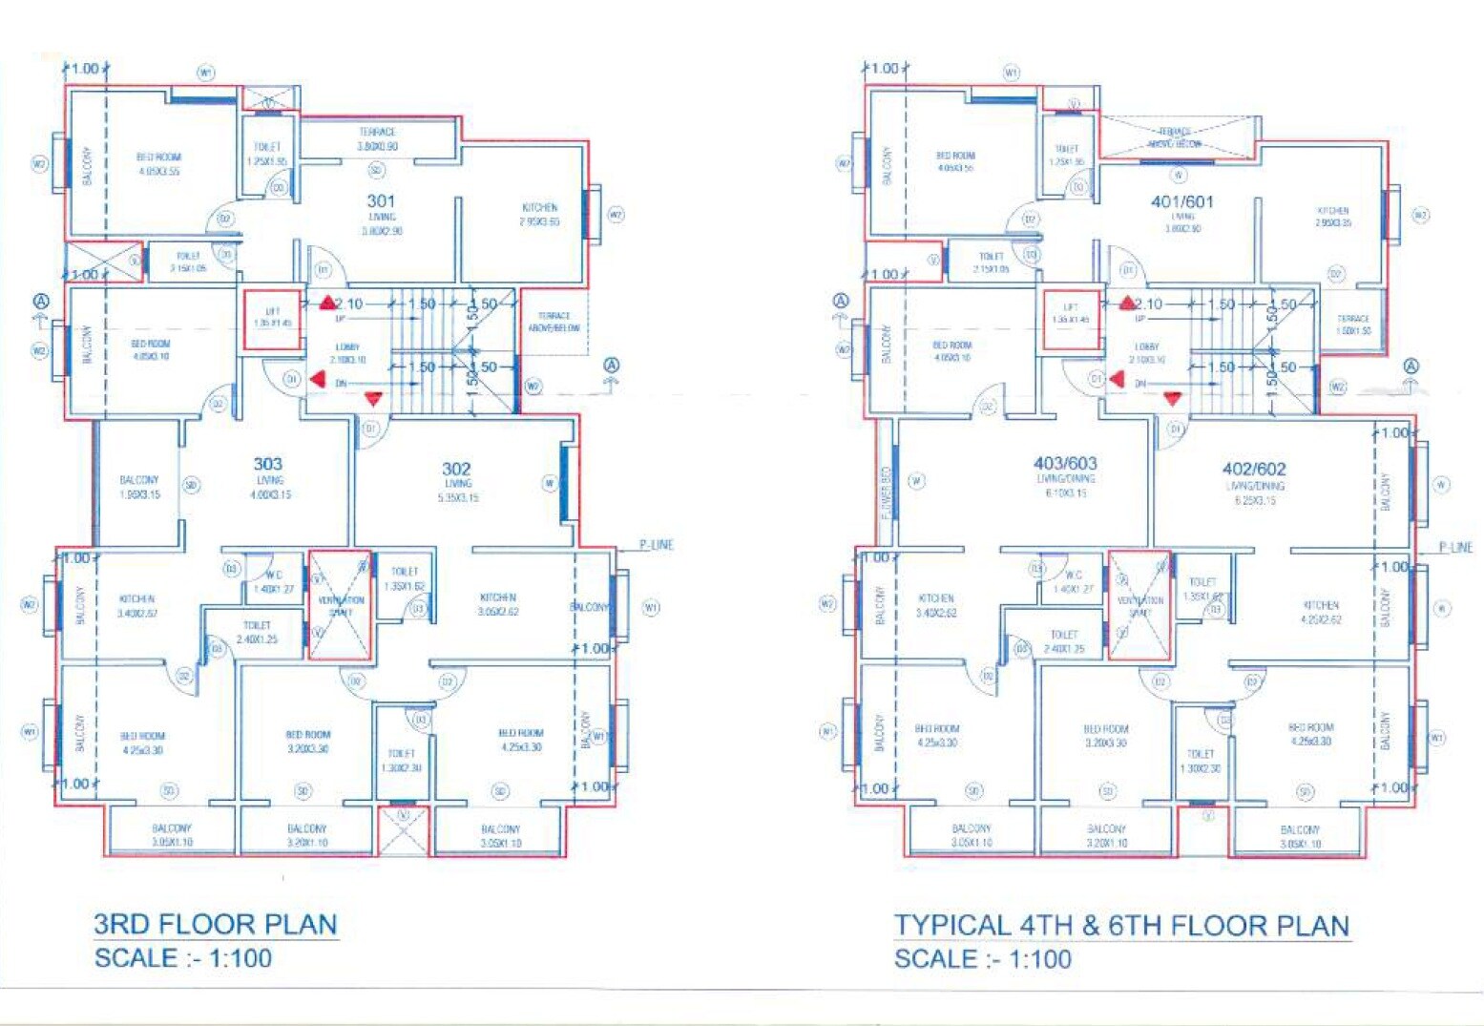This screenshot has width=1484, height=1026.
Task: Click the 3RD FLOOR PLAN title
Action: coord(216,924)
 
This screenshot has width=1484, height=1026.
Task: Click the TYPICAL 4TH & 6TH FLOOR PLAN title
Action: coord(1121,925)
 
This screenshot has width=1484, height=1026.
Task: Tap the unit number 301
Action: coord(381,200)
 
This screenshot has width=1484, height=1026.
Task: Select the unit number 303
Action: coord(268,464)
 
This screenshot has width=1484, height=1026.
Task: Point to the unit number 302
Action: coord(456,469)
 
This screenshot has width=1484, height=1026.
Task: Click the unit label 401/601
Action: coord(1182,201)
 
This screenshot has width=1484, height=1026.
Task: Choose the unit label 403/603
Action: coord(1065,463)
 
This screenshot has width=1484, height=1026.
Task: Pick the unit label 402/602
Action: coord(1254,469)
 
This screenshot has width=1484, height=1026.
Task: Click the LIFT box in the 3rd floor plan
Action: coord(273,319)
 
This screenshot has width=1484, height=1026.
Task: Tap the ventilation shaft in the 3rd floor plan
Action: coord(341,604)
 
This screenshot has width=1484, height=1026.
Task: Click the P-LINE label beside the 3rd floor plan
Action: coord(656,545)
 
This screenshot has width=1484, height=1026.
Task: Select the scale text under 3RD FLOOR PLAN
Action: coord(182,958)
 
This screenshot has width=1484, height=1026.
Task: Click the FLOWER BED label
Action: coord(886,492)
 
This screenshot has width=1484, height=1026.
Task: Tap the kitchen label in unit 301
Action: coord(539,214)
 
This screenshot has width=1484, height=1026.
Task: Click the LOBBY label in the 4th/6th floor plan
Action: coord(1147,352)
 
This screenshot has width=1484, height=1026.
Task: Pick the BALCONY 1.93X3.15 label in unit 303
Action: coord(139,487)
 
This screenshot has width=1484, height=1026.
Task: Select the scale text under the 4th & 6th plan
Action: coord(982,959)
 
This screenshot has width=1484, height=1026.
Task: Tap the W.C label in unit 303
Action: coord(274,581)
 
